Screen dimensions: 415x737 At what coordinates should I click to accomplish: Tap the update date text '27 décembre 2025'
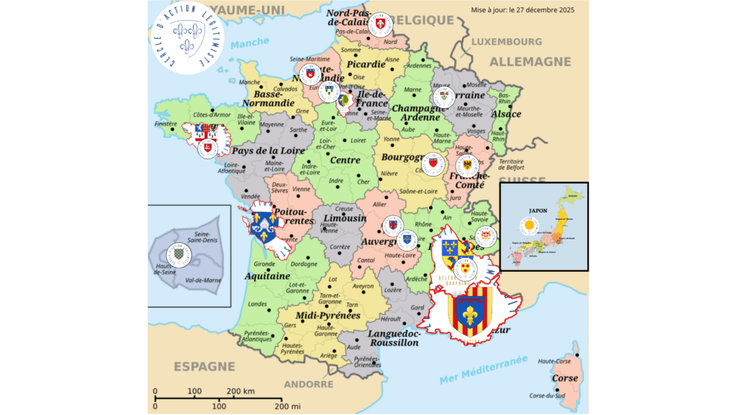tap(548, 10)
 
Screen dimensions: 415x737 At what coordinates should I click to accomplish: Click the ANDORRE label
tap(308, 384)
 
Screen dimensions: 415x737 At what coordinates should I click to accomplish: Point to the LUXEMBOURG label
tap(507, 42)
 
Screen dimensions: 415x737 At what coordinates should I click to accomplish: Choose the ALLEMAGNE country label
tap(530, 62)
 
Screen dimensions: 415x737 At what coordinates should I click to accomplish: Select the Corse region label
tap(564, 378)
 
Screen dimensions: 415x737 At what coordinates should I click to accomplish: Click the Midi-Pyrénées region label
tap(327, 316)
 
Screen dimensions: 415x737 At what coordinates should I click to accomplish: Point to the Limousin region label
tap(345, 218)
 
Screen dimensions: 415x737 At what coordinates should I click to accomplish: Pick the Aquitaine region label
tap(267, 276)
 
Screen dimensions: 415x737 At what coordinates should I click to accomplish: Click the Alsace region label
tap(506, 114)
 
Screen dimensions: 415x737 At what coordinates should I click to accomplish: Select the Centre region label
tap(345, 160)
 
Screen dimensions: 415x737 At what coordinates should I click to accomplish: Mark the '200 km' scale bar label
tap(240, 392)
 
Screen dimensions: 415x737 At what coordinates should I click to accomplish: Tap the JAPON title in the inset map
tap(538, 212)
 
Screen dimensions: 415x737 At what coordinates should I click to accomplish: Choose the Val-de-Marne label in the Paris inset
tap(205, 279)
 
